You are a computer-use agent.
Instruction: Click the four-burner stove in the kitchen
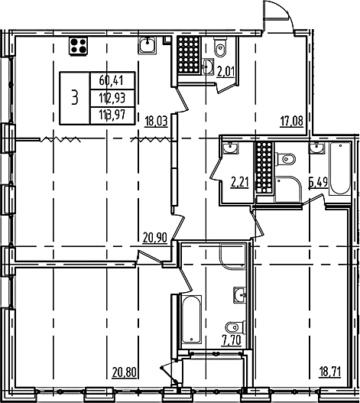coord(78,46)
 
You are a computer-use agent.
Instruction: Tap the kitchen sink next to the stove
coord(147,45)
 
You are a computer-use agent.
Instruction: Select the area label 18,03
coord(156,121)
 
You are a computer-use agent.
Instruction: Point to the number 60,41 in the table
coord(112,81)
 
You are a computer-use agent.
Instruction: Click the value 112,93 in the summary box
coord(112,98)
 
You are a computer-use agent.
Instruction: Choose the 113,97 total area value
coord(112,115)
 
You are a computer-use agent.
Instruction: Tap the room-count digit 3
coord(74,98)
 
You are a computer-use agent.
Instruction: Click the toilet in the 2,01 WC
coord(220,47)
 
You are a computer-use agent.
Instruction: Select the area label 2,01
coord(225,72)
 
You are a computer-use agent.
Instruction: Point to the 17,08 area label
coord(292,121)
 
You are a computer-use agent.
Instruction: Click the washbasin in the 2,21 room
coord(230,148)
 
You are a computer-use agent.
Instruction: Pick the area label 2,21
coord(240,183)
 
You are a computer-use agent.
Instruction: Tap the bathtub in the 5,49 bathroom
coord(340,168)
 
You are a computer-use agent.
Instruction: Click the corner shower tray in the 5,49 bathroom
coord(288,189)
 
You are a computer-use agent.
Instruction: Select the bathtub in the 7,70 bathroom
coord(191,319)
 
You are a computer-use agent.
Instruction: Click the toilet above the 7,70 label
coord(235,327)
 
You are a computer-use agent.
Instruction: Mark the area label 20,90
coord(155,238)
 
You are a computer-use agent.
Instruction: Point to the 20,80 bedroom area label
coord(124,372)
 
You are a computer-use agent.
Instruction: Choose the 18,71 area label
coord(329,372)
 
